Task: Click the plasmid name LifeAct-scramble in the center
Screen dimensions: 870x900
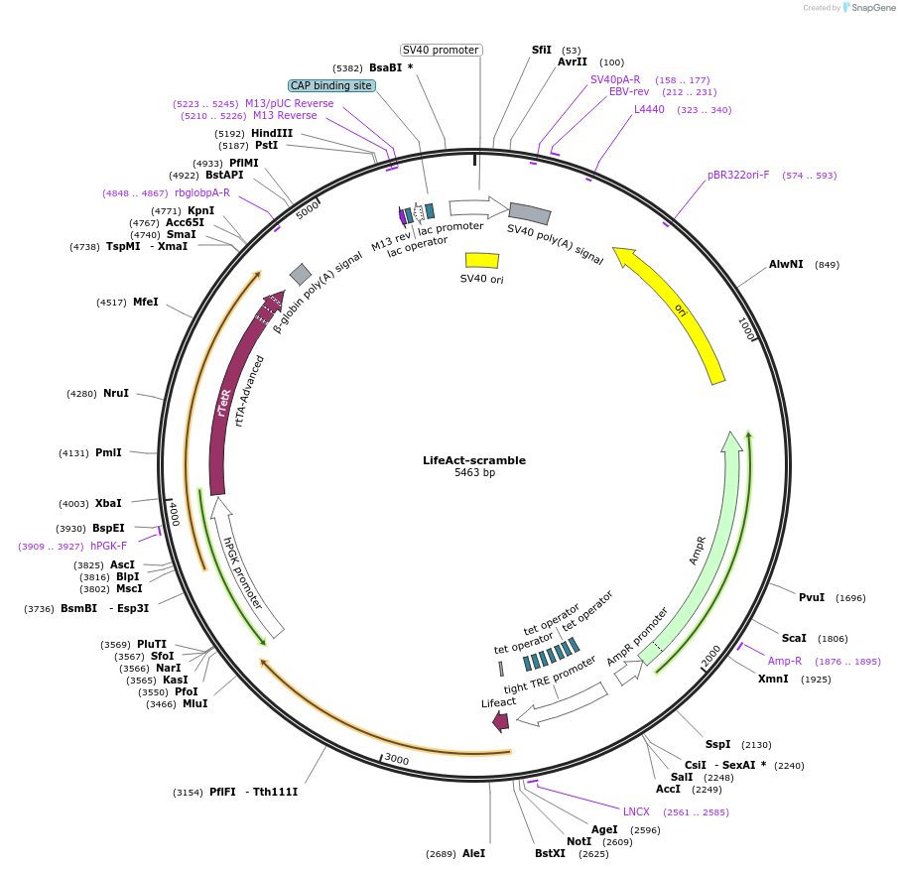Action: click(x=474, y=460)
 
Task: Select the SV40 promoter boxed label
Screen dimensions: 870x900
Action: click(x=442, y=50)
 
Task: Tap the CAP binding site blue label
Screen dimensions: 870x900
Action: click(x=331, y=86)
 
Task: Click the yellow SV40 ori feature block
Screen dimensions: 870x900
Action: click(x=482, y=260)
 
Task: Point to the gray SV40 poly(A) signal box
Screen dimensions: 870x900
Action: click(x=530, y=213)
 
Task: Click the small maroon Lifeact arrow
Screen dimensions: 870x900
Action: click(x=501, y=721)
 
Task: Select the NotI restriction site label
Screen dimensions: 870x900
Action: click(x=579, y=841)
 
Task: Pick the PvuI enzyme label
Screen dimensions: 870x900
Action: click(x=812, y=597)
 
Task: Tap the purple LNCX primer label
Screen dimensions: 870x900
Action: click(x=636, y=811)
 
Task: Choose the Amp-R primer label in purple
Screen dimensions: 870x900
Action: click(x=784, y=661)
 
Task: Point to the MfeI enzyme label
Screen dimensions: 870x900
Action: click(x=145, y=302)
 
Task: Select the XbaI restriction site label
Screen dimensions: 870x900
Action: click(x=108, y=503)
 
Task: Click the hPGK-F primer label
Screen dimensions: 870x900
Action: click(x=108, y=546)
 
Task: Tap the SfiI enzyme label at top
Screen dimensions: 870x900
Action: click(x=541, y=50)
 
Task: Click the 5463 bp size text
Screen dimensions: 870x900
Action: click(x=474, y=473)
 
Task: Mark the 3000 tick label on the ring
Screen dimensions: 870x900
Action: click(x=396, y=760)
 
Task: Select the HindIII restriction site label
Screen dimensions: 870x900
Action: click(x=272, y=133)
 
